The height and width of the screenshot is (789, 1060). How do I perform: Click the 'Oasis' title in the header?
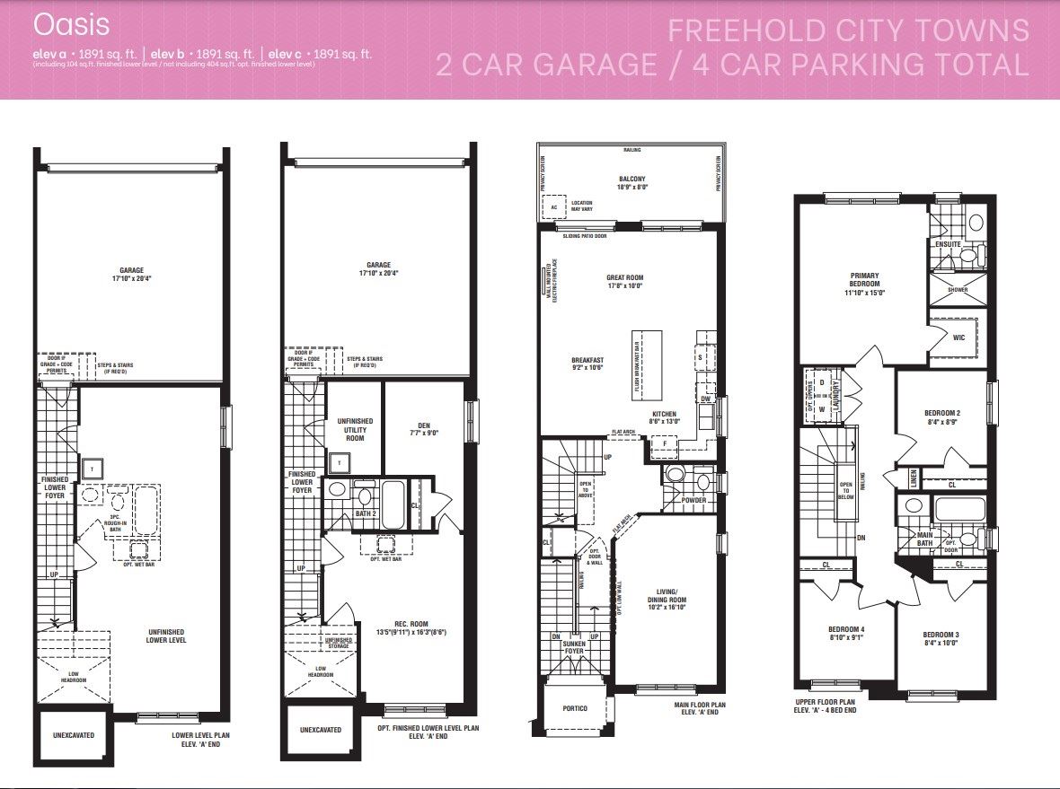58,22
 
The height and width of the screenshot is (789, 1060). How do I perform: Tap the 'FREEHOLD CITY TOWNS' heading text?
848,30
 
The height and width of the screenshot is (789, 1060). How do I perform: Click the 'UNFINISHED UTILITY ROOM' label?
354,429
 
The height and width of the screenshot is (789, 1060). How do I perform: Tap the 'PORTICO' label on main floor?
575,709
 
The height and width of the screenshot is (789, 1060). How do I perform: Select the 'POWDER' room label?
693,500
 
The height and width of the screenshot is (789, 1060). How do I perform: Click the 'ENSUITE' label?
948,244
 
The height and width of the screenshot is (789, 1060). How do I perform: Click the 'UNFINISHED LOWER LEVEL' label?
166,636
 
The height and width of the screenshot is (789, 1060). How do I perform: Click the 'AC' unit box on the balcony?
554,207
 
